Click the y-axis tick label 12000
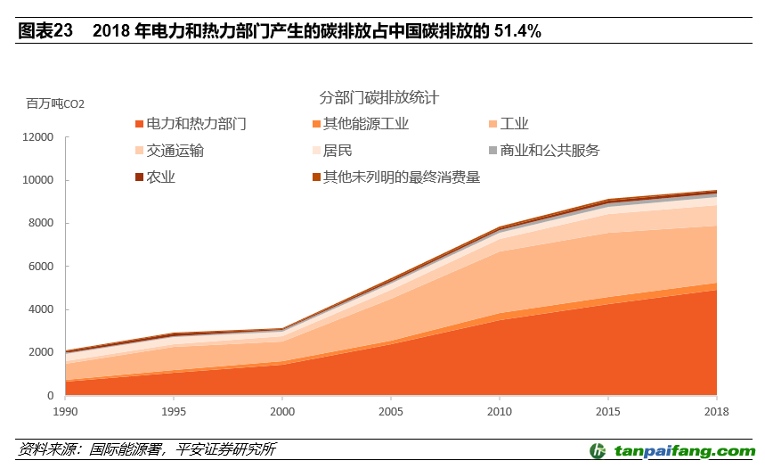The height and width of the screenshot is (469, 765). pyautogui.click(x=38, y=137)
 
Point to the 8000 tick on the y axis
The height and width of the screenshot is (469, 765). pyautogui.click(x=41, y=224)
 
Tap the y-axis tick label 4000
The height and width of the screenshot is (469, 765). pyautogui.click(x=41, y=309)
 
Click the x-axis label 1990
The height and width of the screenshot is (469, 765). pyautogui.click(x=66, y=412)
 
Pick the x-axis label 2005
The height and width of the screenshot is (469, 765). pyautogui.click(x=390, y=412)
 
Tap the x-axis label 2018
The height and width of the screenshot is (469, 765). pyautogui.click(x=715, y=412)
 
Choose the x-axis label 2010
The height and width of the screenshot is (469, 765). pyautogui.click(x=499, y=412)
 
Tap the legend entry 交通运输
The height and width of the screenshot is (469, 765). pyautogui.click(x=175, y=151)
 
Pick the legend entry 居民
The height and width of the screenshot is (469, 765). pyautogui.click(x=338, y=151)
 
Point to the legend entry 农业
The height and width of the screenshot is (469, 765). pyautogui.click(x=160, y=177)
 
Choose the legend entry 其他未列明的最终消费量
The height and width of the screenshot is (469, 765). pyautogui.click(x=402, y=177)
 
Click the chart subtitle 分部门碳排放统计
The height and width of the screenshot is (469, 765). pyautogui.click(x=379, y=97)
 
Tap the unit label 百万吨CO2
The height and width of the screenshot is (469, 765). pyautogui.click(x=55, y=104)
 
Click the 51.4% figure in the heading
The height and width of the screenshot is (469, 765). pyautogui.click(x=517, y=30)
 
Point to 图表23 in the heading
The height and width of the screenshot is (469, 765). pyautogui.click(x=45, y=30)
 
